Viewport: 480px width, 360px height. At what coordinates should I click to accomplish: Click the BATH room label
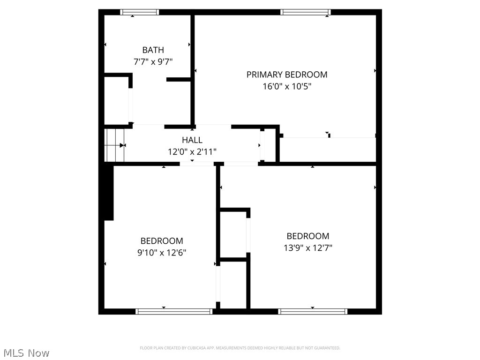click(x=153, y=50)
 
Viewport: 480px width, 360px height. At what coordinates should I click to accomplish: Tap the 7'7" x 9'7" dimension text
click(x=153, y=61)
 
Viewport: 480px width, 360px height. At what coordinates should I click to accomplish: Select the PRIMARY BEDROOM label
click(x=287, y=75)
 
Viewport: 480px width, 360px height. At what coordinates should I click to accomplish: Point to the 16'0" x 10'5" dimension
click(x=287, y=86)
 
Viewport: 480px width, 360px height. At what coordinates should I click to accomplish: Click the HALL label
click(x=192, y=140)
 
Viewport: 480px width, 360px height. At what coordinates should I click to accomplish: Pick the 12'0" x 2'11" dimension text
click(x=192, y=151)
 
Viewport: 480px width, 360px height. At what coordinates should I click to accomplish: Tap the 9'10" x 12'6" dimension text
click(x=162, y=253)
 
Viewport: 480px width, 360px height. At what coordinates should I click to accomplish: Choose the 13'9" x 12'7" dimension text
click(x=308, y=247)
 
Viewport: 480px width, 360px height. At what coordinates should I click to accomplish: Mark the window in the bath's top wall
click(x=140, y=12)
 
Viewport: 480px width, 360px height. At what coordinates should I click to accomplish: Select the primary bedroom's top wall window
click(x=306, y=12)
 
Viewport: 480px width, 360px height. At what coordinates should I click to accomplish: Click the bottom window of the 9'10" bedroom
click(x=174, y=311)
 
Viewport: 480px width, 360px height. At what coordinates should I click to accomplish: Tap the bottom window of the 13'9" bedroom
click(x=313, y=311)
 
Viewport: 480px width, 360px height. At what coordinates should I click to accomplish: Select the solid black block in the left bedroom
click(x=108, y=192)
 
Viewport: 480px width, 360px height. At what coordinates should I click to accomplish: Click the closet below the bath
click(x=116, y=101)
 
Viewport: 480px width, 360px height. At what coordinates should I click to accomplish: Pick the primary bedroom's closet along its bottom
click(x=328, y=150)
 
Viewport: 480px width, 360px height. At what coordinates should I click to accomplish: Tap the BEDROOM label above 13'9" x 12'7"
click(x=308, y=236)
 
